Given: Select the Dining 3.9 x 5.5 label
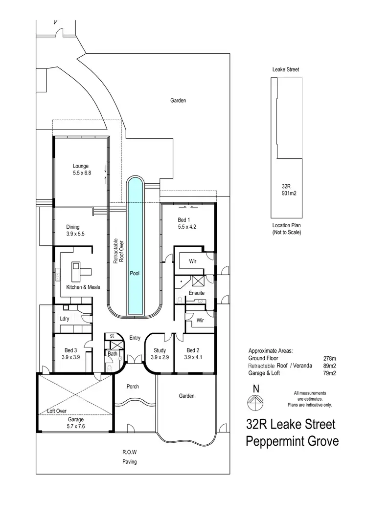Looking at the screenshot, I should (75, 230).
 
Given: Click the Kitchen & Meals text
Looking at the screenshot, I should (83, 287).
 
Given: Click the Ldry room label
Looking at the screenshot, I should (64, 319).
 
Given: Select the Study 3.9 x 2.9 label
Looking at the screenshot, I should (160, 354).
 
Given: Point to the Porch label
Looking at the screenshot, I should (133, 387).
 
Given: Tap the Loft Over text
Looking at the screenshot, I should (58, 411).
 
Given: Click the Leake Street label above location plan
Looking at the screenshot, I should (286, 70).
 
